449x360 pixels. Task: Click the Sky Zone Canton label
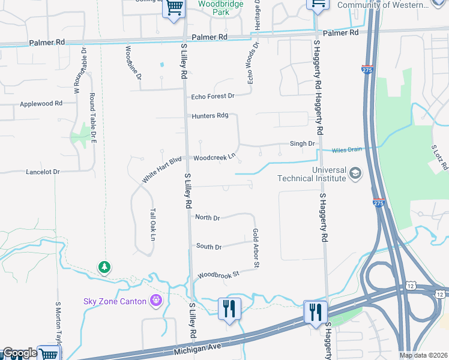click(114, 301)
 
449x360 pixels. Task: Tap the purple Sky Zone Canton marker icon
click(156, 301)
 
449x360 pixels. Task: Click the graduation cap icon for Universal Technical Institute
click(355, 174)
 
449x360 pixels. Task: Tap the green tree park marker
click(105, 266)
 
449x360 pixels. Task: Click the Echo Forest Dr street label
click(212, 96)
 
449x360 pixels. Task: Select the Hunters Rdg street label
click(210, 116)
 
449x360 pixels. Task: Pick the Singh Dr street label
click(303, 144)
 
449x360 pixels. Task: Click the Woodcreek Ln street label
click(214, 158)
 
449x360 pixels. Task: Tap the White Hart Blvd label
click(161, 170)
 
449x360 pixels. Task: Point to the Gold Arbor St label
click(256, 248)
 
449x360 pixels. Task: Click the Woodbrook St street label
click(218, 274)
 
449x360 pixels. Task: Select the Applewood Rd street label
click(41, 104)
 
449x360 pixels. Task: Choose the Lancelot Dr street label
click(43, 172)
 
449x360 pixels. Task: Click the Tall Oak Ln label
click(152, 225)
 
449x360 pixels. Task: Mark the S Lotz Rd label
click(436, 157)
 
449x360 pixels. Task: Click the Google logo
click(19, 353)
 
